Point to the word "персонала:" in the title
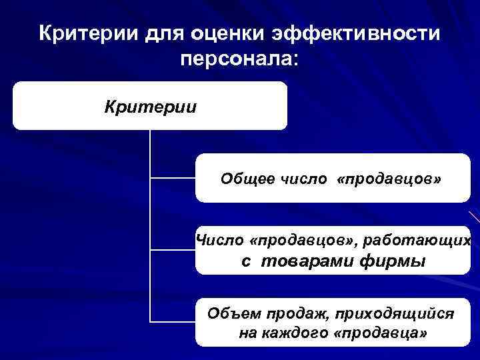pos(240,59)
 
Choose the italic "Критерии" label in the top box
pos(150,107)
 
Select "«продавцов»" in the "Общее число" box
pos(389,179)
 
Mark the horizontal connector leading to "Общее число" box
pos(173,178)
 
